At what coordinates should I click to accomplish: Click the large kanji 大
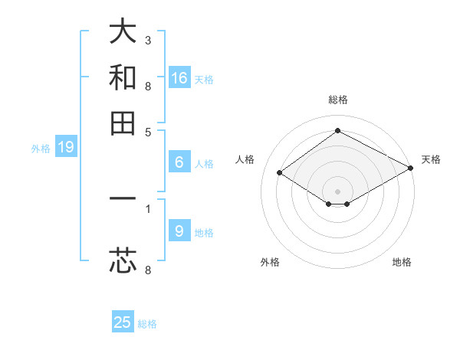[x=123, y=32]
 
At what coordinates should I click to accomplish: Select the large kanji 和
[x=123, y=77]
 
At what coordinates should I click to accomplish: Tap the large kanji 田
[x=123, y=123]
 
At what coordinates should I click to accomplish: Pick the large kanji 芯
[x=123, y=260]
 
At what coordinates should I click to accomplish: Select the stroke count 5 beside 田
[x=147, y=131]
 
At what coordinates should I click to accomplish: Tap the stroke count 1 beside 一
[x=147, y=208]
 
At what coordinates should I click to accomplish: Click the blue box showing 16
[x=179, y=78]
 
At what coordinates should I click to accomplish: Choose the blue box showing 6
[x=179, y=162]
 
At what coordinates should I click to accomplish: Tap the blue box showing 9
[x=179, y=231]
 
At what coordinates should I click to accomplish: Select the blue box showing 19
[x=66, y=148]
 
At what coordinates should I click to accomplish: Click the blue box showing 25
[x=123, y=322]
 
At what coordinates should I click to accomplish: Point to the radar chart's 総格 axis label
[x=337, y=100]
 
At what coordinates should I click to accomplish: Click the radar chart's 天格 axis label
[x=431, y=159]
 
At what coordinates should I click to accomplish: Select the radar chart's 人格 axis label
[x=245, y=159]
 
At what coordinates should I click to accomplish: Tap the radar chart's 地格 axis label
[x=402, y=262]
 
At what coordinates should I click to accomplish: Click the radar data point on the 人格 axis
[x=280, y=173]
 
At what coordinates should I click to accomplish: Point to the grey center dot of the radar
[x=337, y=191]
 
